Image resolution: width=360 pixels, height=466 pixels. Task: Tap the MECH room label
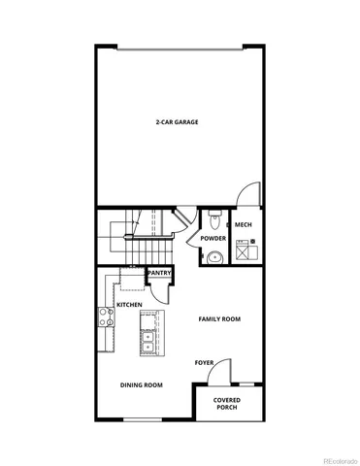click(x=244, y=225)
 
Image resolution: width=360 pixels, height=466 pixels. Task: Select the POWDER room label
click(x=213, y=239)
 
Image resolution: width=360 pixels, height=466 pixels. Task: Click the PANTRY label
click(x=160, y=273)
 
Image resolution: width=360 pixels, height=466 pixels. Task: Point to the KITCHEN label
click(x=130, y=305)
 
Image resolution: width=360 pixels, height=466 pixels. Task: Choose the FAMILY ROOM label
click(x=219, y=318)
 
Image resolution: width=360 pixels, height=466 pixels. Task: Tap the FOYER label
click(x=204, y=363)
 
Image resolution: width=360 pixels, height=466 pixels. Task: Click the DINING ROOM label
click(x=141, y=385)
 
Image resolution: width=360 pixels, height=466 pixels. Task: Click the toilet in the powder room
click(x=215, y=217)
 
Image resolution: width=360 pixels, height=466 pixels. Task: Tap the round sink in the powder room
click(x=213, y=257)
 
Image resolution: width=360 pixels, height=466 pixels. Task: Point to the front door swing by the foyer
click(x=222, y=372)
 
